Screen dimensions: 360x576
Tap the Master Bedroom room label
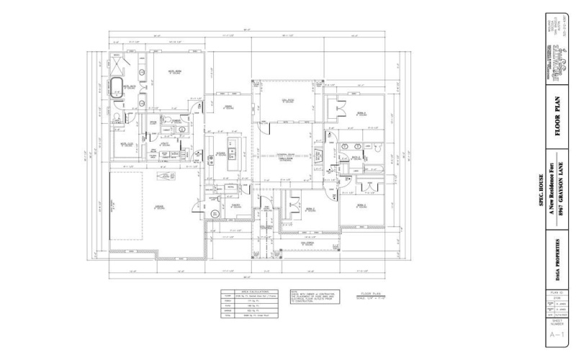click(x=173, y=72)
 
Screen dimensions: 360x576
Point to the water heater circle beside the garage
click(x=213, y=214)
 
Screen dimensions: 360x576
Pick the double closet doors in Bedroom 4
click(x=333, y=109)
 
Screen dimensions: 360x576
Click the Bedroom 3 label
click(x=361, y=206)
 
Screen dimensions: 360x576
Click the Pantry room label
click(x=235, y=205)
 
